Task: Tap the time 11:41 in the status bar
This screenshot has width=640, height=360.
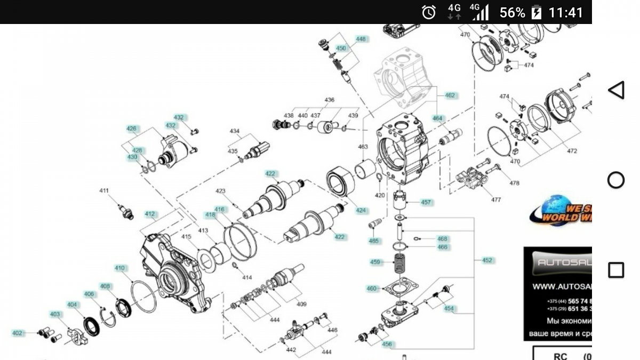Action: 566,12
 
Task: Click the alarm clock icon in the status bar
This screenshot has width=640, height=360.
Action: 429,12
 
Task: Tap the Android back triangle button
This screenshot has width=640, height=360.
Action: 616,90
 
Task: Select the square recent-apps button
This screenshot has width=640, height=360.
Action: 616,270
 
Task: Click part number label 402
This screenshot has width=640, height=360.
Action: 18,333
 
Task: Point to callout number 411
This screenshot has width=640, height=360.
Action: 104,190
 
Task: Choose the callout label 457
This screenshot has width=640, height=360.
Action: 426,203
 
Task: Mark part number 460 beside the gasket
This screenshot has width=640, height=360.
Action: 371,289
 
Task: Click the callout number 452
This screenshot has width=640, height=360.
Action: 487,260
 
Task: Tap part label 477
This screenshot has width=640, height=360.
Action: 496,201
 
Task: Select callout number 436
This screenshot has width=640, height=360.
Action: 330,100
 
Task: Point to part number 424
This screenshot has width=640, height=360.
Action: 362,211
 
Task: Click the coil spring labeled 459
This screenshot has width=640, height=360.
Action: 399,263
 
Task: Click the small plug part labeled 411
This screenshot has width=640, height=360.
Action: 125,211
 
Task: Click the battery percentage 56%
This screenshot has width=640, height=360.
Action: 512,12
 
